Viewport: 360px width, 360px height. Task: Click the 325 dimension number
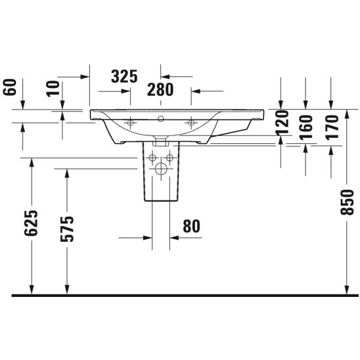pyautogui.click(x=124, y=76)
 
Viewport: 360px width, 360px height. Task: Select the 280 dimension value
pyautogui.click(x=160, y=90)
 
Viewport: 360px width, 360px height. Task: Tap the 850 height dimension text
pyautogui.click(x=347, y=202)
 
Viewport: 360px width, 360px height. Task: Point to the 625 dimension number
pyautogui.click(x=31, y=223)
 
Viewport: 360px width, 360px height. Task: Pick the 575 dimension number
pyautogui.click(x=67, y=229)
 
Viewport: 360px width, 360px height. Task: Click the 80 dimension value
pyautogui.click(x=191, y=227)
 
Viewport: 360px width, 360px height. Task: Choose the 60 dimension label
pyautogui.click(x=10, y=87)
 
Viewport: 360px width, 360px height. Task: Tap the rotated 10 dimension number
pyautogui.click(x=53, y=89)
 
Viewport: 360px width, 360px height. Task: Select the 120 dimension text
pyautogui.click(x=282, y=122)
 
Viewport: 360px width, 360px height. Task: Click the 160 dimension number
pyautogui.click(x=306, y=127)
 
